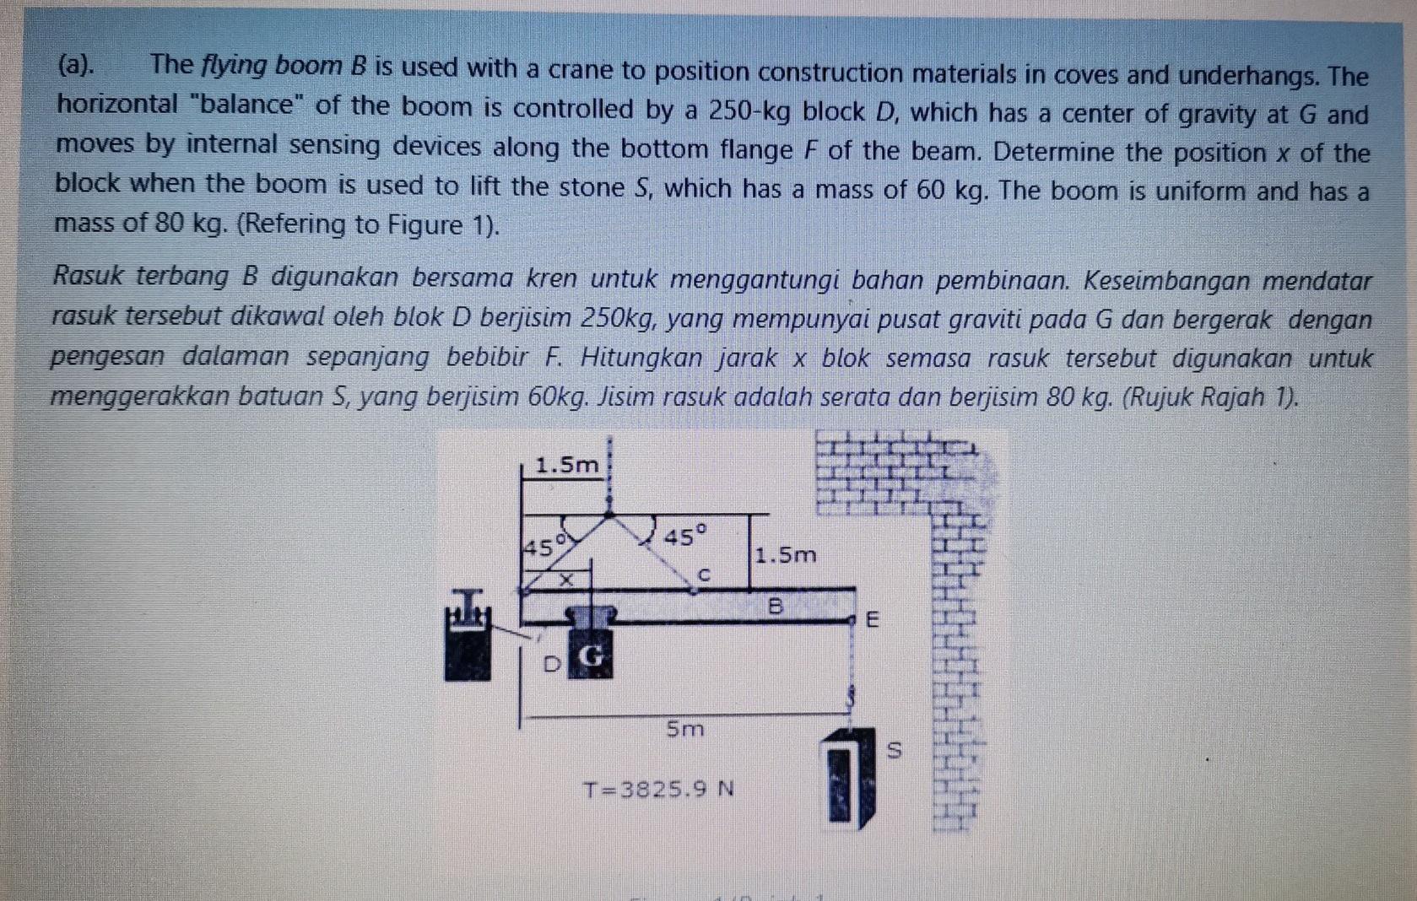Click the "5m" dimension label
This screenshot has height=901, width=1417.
[684, 728]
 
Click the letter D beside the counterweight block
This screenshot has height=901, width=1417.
[550, 664]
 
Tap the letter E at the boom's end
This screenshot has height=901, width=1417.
[873, 620]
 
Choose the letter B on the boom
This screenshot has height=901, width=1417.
[775, 606]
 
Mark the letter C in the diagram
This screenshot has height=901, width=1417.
[706, 575]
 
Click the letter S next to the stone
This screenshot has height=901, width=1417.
[895, 748]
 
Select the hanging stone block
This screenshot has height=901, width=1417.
[848, 778]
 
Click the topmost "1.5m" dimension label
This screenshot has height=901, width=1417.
[567, 464]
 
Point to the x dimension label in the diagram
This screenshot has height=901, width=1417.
[568, 580]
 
